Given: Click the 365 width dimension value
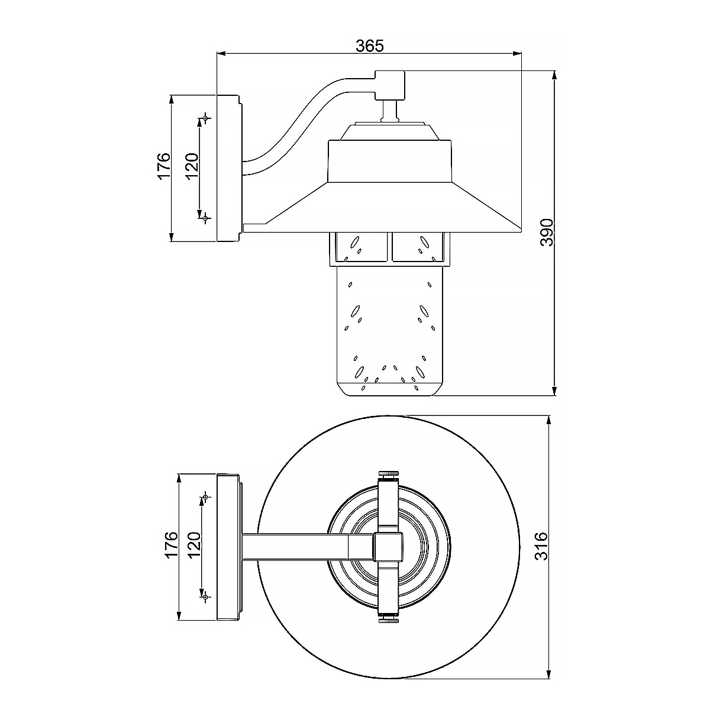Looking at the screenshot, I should point(370,45).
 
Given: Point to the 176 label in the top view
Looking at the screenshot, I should point(171,545).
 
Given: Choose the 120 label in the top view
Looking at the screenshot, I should point(194,545).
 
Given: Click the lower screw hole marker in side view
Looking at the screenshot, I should point(205,218).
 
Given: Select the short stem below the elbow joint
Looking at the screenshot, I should point(390,111).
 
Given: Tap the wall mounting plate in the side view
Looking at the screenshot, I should point(228,168).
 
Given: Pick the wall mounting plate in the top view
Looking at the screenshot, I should point(228,546).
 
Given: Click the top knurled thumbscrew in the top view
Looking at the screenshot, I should point(389,474).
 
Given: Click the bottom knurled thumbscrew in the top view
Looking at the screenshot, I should point(389,619).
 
